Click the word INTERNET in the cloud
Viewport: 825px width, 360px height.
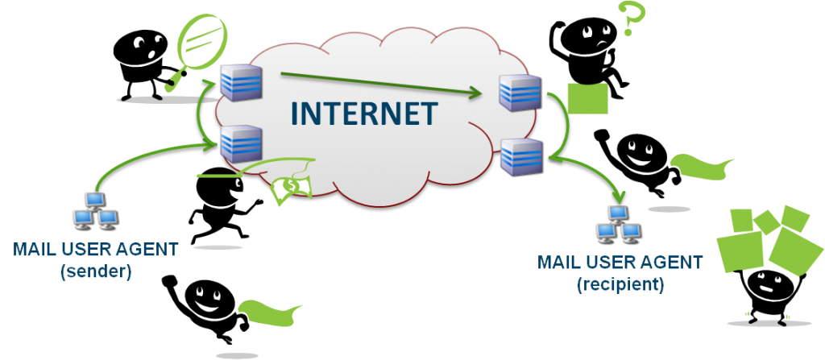(364, 114)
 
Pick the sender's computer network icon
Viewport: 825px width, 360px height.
(94, 211)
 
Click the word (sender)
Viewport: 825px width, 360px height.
(95, 272)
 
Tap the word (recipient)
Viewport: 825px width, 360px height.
(620, 284)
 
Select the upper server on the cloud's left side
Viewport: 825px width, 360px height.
(241, 82)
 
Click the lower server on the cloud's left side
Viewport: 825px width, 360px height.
(241, 142)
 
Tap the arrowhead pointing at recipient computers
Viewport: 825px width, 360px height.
(619, 196)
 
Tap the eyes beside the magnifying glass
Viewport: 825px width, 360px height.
(147, 43)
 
